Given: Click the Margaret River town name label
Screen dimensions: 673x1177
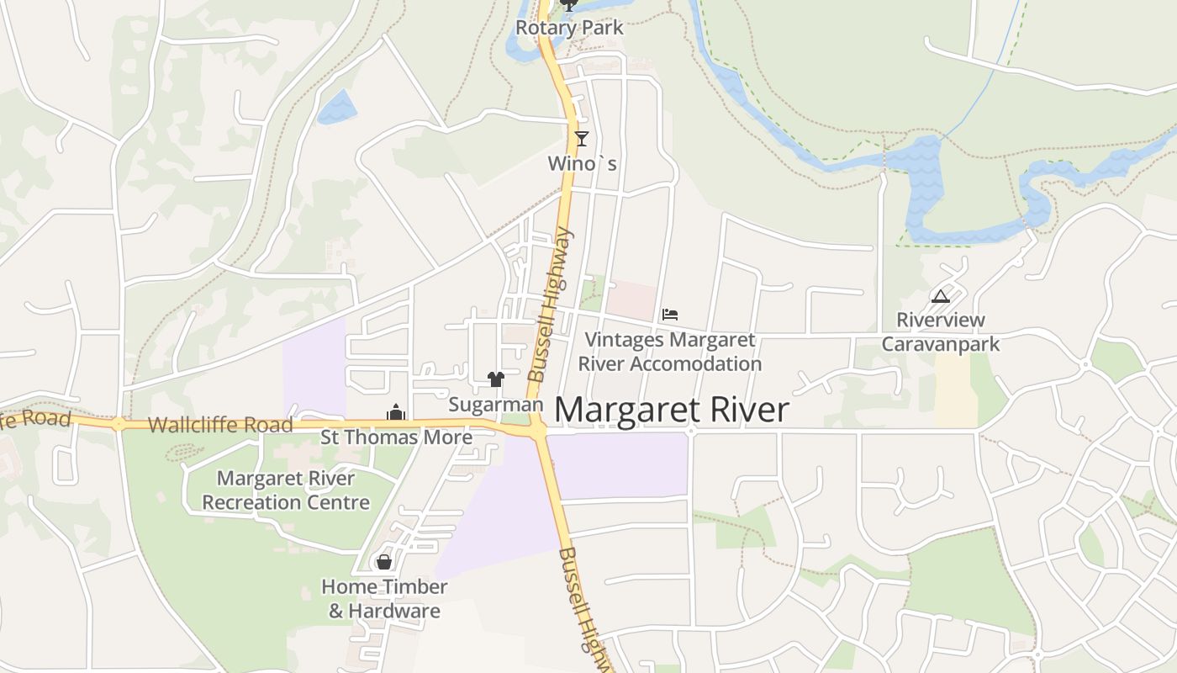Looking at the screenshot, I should [672, 410].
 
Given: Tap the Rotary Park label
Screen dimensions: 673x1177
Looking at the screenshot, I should [569, 28].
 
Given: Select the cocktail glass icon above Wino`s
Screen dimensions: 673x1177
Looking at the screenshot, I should [581, 138].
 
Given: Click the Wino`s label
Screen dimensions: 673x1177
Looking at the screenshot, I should [582, 163].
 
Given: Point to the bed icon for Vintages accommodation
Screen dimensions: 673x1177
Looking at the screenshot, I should [670, 315].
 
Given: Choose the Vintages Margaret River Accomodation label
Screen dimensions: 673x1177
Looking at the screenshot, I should [670, 352].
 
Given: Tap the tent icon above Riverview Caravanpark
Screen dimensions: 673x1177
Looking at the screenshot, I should [940, 296].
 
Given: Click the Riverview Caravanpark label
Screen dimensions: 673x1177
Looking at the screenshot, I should [941, 332].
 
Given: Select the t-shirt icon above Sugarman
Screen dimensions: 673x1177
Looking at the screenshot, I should [495, 379].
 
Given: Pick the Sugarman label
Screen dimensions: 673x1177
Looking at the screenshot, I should [496, 405].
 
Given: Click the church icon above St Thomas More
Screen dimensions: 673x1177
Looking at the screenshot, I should [396, 412].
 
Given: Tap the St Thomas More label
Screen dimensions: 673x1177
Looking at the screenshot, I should [397, 437].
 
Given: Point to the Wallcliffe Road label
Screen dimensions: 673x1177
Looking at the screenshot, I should [220, 425].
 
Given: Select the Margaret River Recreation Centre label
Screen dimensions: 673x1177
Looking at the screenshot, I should [286, 490].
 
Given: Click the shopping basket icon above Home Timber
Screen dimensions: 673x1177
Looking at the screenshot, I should [384, 561].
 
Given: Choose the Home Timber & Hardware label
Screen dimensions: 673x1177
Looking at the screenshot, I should [384, 598].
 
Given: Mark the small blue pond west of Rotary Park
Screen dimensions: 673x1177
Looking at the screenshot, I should [338, 107].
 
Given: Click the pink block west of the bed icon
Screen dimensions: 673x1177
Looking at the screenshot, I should [631, 300].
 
